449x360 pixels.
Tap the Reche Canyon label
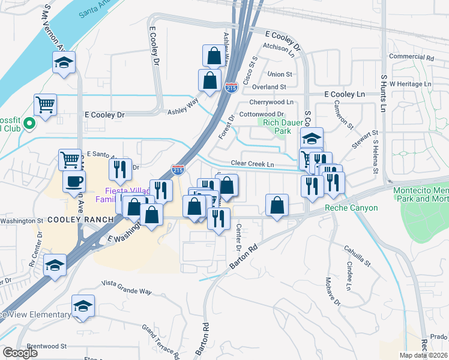coord(351,208)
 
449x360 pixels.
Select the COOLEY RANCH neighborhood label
coord(81,220)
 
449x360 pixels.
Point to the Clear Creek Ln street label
coord(253,164)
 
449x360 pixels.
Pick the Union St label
coord(280,74)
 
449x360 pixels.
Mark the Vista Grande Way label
coord(126,283)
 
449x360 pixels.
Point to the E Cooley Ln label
coord(345,95)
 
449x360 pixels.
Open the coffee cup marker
coord(74,182)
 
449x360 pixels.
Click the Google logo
coord(20,353)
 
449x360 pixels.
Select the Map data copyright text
coord(423,355)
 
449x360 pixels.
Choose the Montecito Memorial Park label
coord(420,194)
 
